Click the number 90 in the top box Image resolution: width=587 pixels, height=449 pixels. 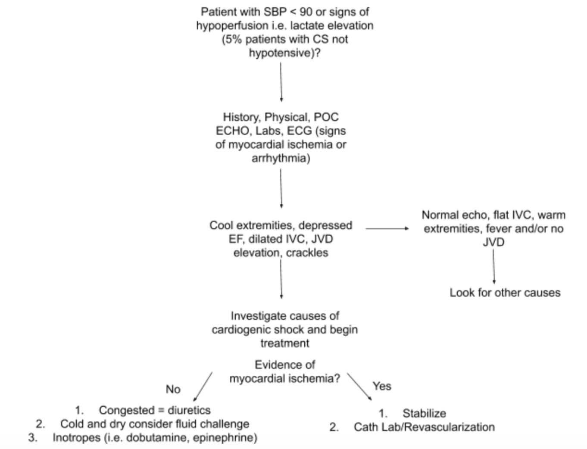306,12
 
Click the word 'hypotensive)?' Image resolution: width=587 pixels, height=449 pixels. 284,53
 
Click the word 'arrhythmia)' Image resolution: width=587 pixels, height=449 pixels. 281,159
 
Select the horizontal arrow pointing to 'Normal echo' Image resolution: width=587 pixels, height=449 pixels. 387,228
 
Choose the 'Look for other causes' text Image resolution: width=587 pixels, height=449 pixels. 505,293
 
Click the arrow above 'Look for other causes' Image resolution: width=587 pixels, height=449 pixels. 493,266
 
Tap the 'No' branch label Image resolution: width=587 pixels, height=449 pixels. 173,390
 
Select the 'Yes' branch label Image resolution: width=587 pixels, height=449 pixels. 382,386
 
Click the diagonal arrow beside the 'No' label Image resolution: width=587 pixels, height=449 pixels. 203,387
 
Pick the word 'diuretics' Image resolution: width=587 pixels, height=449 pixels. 189,410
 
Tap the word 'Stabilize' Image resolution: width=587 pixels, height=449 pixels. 424,414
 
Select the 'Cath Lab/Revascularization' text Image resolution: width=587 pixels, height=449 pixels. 424,427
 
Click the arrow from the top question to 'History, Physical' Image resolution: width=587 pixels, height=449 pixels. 281,82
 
